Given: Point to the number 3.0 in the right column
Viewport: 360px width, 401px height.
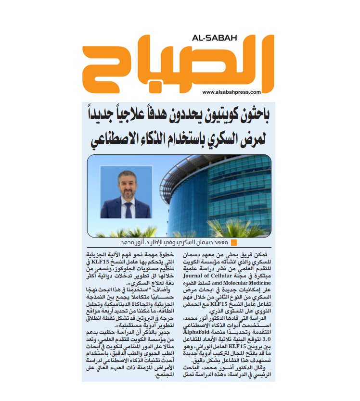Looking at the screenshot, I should tap(268, 338).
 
